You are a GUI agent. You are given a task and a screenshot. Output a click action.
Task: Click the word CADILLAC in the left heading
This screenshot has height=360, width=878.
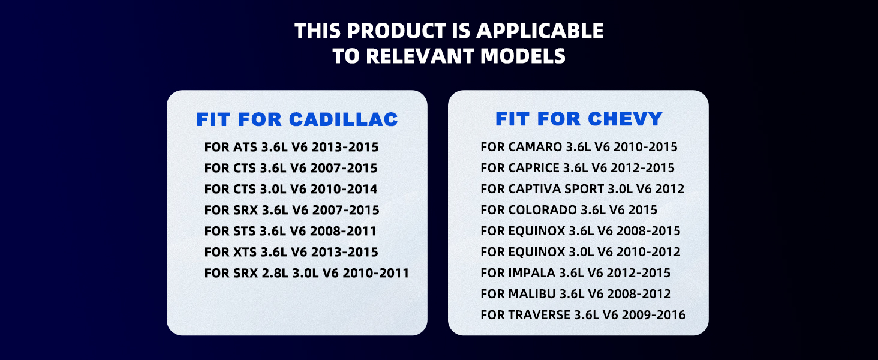click(344, 119)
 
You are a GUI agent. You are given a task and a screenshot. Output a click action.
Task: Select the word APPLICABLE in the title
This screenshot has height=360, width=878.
click(540, 31)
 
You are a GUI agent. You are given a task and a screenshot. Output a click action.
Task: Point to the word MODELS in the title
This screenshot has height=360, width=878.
click(523, 56)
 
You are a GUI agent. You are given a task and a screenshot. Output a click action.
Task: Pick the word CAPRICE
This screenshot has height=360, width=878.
click(534, 168)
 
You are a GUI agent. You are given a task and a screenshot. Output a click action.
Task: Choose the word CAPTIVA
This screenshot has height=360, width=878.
click(534, 188)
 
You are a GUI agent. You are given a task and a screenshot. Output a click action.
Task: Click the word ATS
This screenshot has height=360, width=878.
click(245, 147)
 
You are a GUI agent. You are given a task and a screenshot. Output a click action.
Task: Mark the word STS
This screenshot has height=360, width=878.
click(245, 231)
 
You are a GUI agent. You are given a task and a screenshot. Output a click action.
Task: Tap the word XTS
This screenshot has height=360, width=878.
click(245, 252)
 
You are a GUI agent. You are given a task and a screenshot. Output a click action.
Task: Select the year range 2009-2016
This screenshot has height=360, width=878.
click(654, 315)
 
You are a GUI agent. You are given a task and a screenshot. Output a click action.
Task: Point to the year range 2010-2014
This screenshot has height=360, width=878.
click(344, 189)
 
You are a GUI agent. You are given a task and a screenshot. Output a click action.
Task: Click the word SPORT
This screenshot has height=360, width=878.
click(584, 188)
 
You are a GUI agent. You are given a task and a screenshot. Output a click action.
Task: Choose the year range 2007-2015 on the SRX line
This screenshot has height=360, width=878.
click(345, 210)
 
